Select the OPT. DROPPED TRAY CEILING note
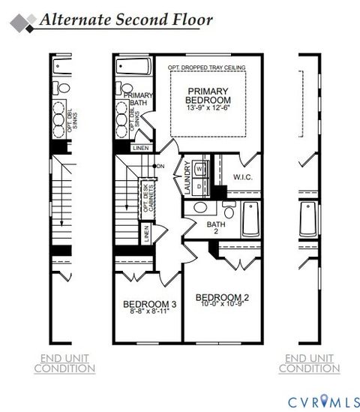point(208,68)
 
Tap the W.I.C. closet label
point(241,178)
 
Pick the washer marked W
point(199,169)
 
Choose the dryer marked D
point(199,185)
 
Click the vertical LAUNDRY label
point(187,180)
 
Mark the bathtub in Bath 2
point(250,220)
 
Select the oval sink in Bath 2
point(201,208)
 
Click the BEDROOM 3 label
point(149,304)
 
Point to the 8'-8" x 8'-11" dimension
point(149,312)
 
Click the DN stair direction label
point(159,166)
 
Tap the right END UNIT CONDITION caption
point(309,363)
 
